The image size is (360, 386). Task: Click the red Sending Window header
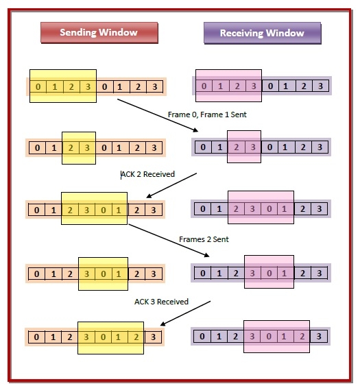[x=99, y=33]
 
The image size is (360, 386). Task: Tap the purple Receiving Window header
[x=263, y=33]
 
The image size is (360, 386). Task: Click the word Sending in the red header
[x=78, y=32]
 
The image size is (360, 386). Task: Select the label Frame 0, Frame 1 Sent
[x=207, y=114]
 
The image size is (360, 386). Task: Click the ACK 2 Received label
[x=147, y=174]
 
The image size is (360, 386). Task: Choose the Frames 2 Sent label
[x=204, y=239]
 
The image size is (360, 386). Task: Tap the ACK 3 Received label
[x=161, y=302]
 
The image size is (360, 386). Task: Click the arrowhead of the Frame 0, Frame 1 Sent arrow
[x=195, y=130]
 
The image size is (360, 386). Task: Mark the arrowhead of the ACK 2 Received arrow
[x=149, y=195]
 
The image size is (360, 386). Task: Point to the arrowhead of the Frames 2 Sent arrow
[x=207, y=255]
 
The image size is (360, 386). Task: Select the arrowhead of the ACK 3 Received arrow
[x=163, y=324]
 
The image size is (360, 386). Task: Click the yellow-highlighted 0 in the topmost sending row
[x=38, y=86]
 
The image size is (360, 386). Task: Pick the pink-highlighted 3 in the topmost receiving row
[x=254, y=86]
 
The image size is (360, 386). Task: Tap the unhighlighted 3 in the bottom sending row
[x=153, y=337]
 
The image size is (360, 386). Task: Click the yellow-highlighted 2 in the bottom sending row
[x=136, y=337]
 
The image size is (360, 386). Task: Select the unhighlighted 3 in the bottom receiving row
[x=319, y=336]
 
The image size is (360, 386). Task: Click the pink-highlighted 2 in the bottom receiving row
[x=302, y=336]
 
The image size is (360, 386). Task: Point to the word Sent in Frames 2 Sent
[x=221, y=239]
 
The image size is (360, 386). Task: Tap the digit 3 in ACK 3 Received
[x=153, y=302]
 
